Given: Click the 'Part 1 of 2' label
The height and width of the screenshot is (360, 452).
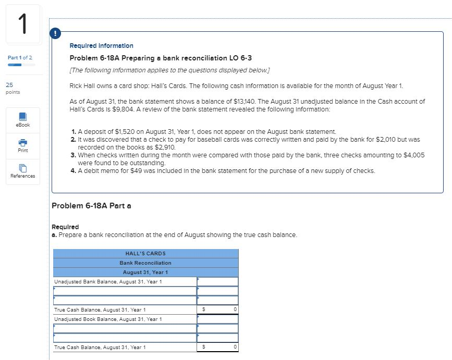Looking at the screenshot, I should point(20,57).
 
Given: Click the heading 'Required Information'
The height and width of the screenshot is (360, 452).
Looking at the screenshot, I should point(101,46).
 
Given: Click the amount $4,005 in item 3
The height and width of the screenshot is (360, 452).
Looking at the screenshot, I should point(414,155).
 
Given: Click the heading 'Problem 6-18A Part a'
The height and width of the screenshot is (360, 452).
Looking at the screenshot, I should point(92,205).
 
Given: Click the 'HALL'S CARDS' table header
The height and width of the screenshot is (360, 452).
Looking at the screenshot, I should point(145,254).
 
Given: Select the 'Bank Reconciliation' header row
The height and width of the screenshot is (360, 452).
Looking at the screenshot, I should point(145,263).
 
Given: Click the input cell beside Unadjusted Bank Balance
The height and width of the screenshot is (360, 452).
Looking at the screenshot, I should point(217,281).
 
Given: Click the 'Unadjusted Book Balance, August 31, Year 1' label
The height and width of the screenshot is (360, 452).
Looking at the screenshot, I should point(108,319).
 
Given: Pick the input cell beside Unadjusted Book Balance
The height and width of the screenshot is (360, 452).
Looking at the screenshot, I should point(217,319).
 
